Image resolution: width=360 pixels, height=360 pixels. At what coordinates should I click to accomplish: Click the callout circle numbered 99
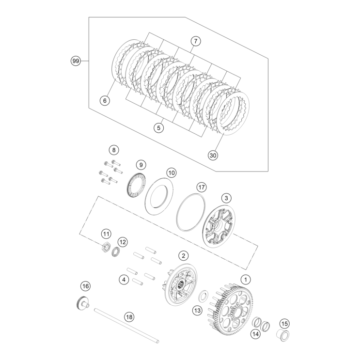click(x=75, y=61)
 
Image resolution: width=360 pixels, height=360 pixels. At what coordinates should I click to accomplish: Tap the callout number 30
click(x=213, y=155)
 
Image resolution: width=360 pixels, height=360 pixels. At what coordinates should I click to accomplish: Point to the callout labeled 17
click(x=202, y=187)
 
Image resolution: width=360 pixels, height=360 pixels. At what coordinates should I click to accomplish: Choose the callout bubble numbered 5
click(x=158, y=128)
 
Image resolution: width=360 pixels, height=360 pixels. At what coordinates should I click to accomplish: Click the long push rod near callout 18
click(x=126, y=325)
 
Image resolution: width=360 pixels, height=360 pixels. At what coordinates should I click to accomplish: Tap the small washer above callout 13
click(x=204, y=294)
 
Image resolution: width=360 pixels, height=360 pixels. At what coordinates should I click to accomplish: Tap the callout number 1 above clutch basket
click(x=246, y=279)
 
